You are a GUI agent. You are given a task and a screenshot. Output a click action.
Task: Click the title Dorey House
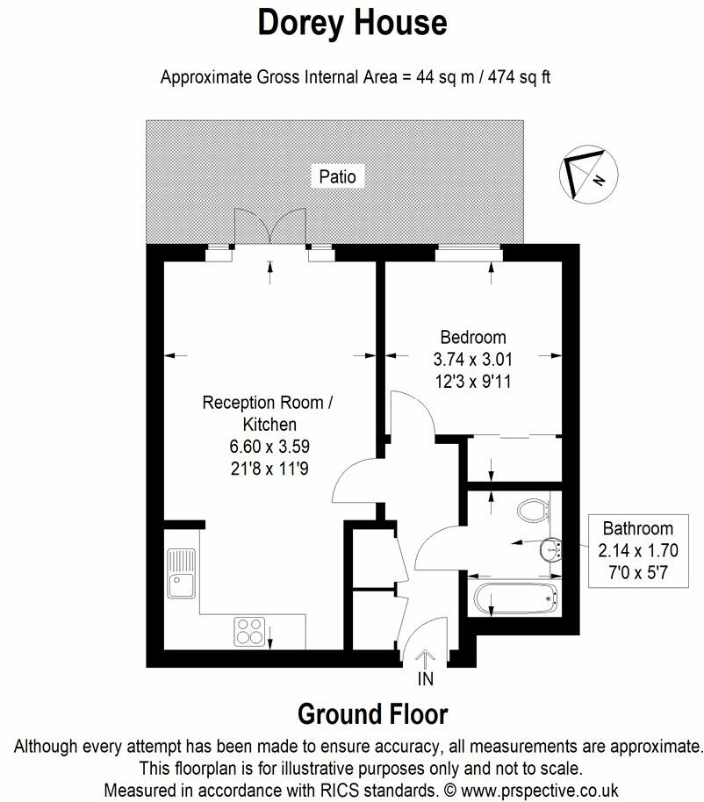(352, 24)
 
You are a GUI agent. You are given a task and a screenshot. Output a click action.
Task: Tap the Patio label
(337, 176)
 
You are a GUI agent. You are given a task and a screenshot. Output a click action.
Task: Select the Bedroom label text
(473, 337)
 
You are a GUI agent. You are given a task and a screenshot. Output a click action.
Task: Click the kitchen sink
(182, 571)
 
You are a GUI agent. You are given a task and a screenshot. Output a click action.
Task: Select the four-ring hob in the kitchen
(250, 631)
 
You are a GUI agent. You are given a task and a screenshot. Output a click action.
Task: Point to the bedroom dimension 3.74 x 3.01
(473, 359)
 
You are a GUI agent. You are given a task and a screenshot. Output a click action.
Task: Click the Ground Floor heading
(372, 713)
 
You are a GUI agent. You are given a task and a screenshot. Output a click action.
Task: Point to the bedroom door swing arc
(413, 412)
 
